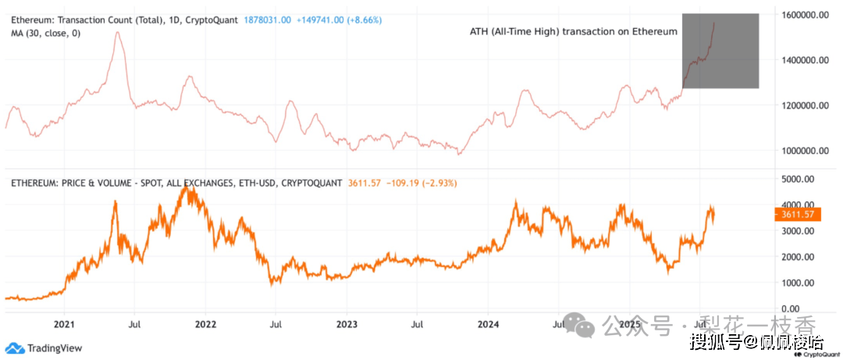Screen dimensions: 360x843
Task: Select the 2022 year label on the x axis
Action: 205,323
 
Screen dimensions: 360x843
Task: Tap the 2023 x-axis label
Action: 347,323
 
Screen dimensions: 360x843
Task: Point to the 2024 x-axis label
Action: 489,323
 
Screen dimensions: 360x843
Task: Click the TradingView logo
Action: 44,348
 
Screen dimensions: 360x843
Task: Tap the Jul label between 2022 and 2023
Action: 276,323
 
